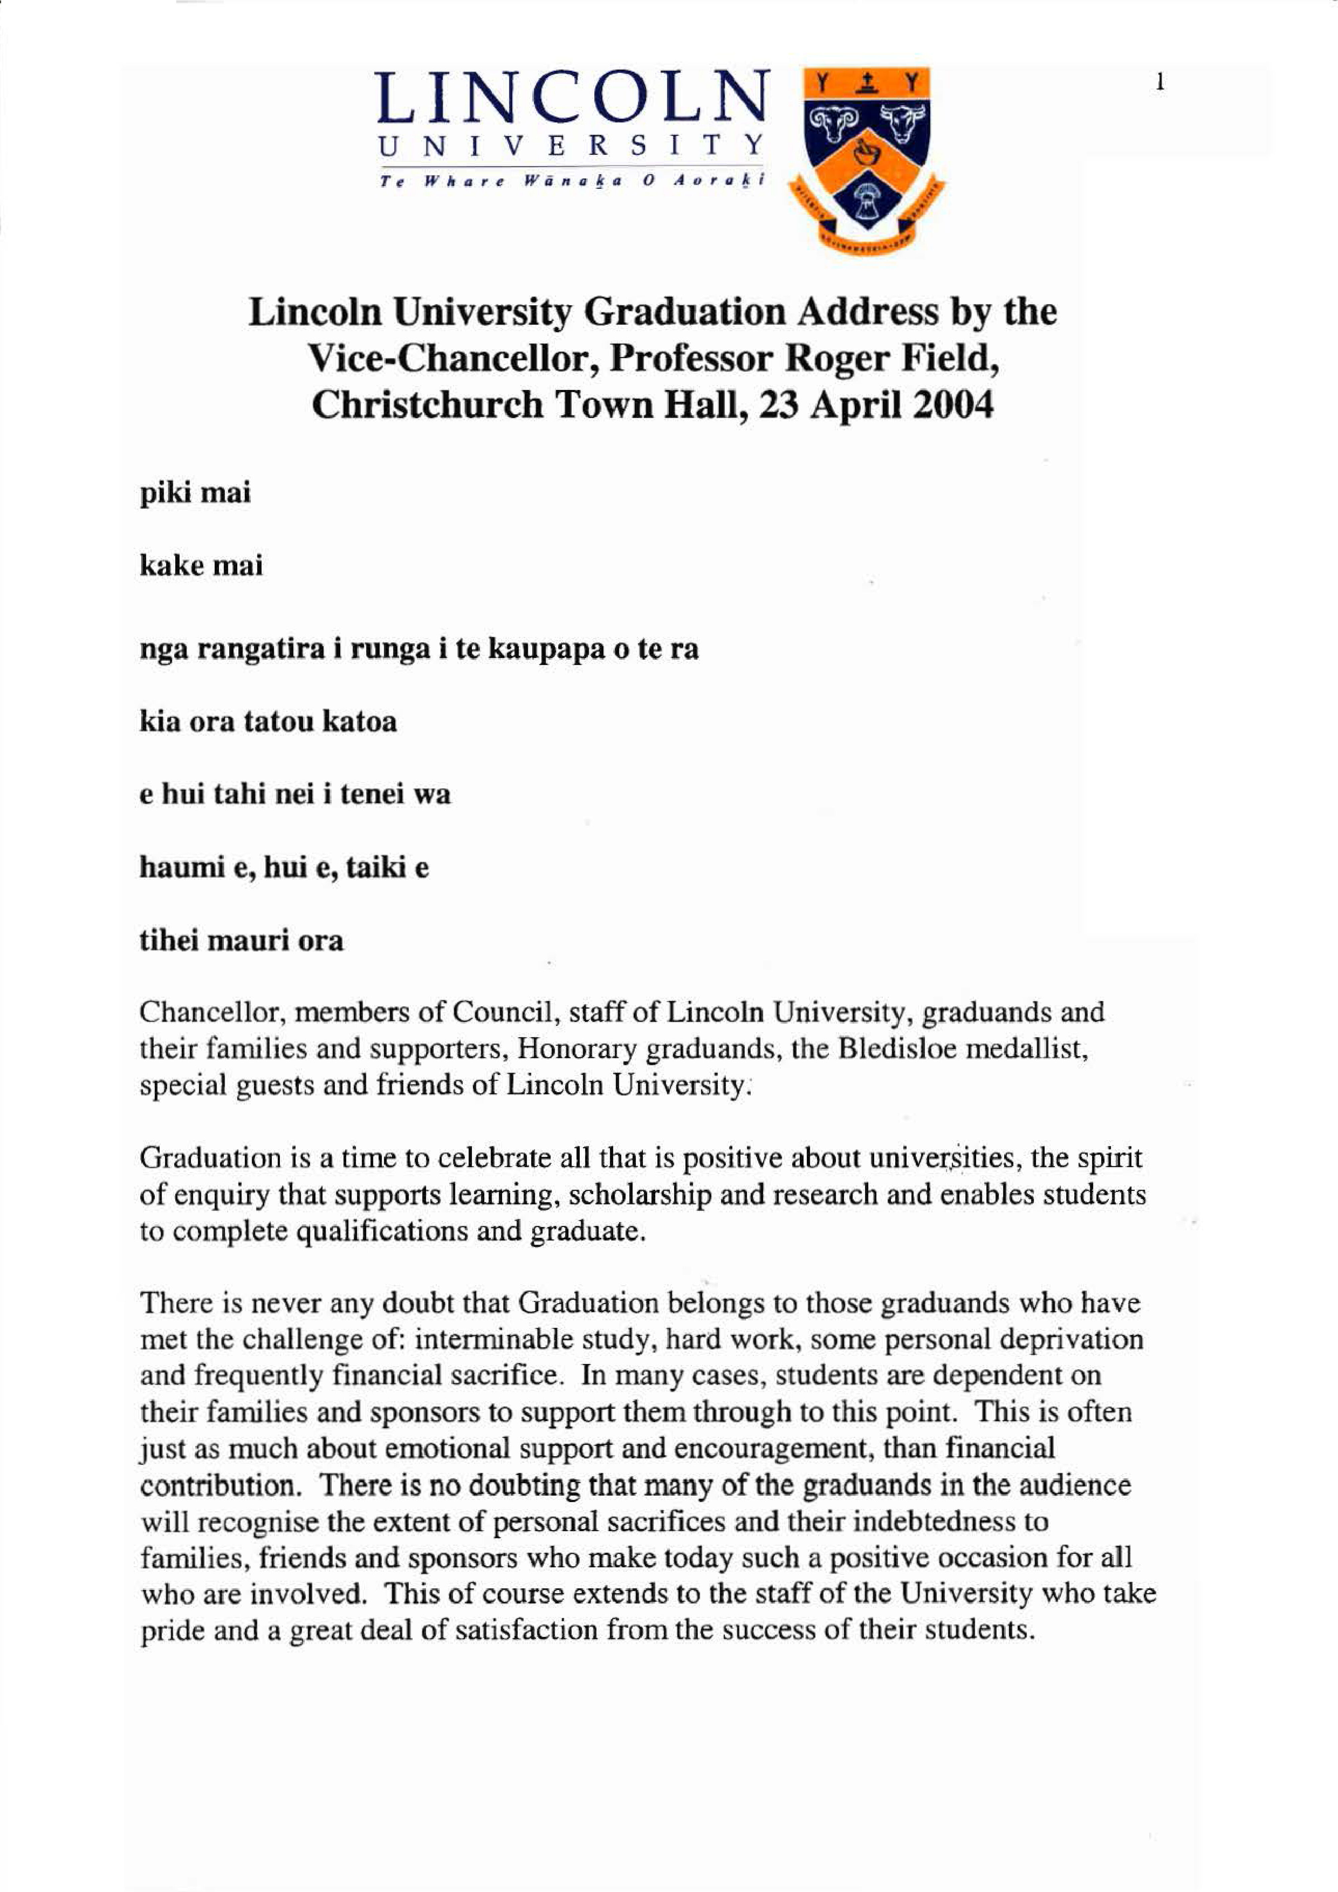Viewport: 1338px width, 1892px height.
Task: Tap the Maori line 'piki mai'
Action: click(x=194, y=493)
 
